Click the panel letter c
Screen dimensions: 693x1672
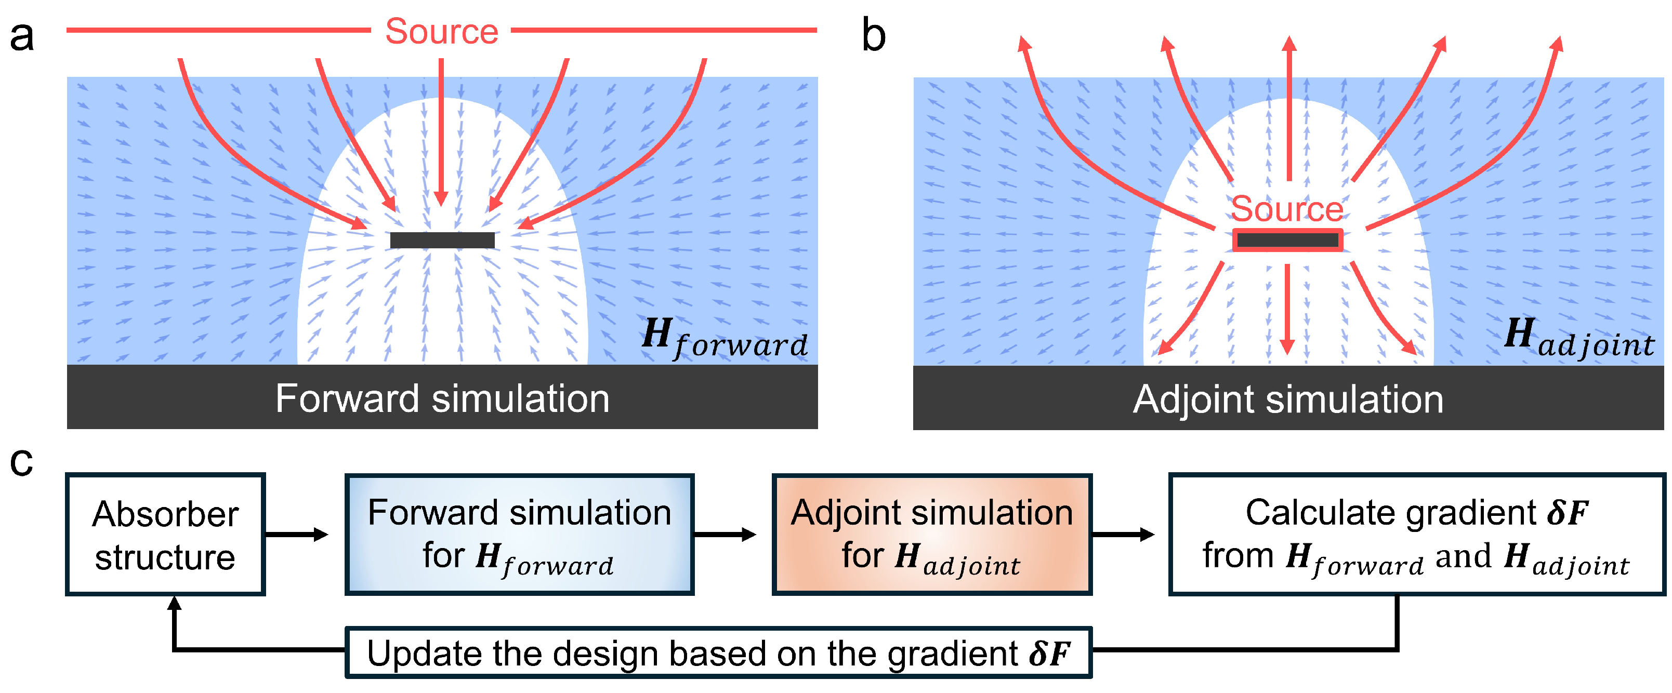coord(21,462)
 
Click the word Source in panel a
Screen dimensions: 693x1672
coord(441,31)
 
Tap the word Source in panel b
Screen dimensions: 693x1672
coord(1286,209)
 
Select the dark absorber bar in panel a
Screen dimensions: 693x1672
coord(442,240)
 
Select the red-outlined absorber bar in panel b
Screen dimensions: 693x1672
coord(1287,240)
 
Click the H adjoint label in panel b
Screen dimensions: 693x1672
coord(1578,338)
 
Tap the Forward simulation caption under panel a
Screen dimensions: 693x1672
coord(442,398)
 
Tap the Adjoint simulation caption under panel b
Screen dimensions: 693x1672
coord(1288,399)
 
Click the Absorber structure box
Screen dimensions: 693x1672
coord(165,535)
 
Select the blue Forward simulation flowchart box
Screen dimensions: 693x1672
coord(519,535)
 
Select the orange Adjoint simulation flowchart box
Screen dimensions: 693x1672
coord(931,535)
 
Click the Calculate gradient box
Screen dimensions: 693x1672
coord(1416,535)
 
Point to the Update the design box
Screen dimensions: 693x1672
coord(718,653)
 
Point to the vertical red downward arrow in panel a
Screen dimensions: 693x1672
coord(441,130)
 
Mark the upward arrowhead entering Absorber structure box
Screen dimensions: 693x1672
coord(174,604)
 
